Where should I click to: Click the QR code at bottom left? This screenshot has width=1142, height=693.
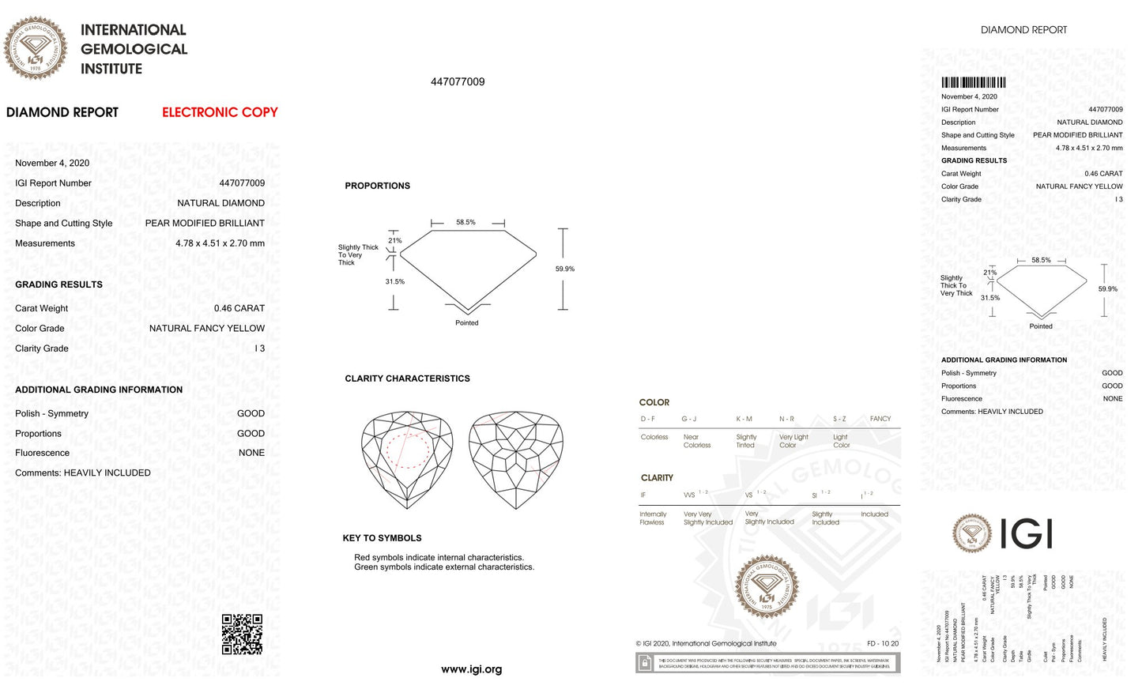(242, 634)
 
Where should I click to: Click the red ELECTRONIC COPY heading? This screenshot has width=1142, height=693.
(220, 112)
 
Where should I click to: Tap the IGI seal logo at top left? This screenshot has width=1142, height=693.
(35, 48)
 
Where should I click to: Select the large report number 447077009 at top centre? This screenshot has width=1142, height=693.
(458, 81)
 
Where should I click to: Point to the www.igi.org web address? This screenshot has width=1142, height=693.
(471, 669)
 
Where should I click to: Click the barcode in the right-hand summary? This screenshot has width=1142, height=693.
(973, 82)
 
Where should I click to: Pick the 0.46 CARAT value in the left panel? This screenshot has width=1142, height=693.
(239, 308)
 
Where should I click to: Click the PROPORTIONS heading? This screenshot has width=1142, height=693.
(377, 186)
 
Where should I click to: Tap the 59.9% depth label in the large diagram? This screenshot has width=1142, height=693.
(565, 269)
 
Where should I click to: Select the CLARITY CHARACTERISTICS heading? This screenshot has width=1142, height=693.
(407, 379)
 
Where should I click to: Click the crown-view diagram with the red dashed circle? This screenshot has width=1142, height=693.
(407, 458)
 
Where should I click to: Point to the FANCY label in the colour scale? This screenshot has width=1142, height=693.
(880, 419)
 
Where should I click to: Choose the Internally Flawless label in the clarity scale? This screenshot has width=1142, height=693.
(653, 518)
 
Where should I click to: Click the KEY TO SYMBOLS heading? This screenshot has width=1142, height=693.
(382, 538)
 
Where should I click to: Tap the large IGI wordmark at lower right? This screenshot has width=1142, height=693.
(1026, 533)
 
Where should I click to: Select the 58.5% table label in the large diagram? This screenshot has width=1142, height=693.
(465, 222)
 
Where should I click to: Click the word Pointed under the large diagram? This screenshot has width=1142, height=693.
(466, 322)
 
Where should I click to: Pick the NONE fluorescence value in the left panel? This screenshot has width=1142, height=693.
(251, 453)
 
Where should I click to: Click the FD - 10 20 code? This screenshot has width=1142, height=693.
(882, 643)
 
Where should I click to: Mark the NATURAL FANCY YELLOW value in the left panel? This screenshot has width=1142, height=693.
(207, 328)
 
